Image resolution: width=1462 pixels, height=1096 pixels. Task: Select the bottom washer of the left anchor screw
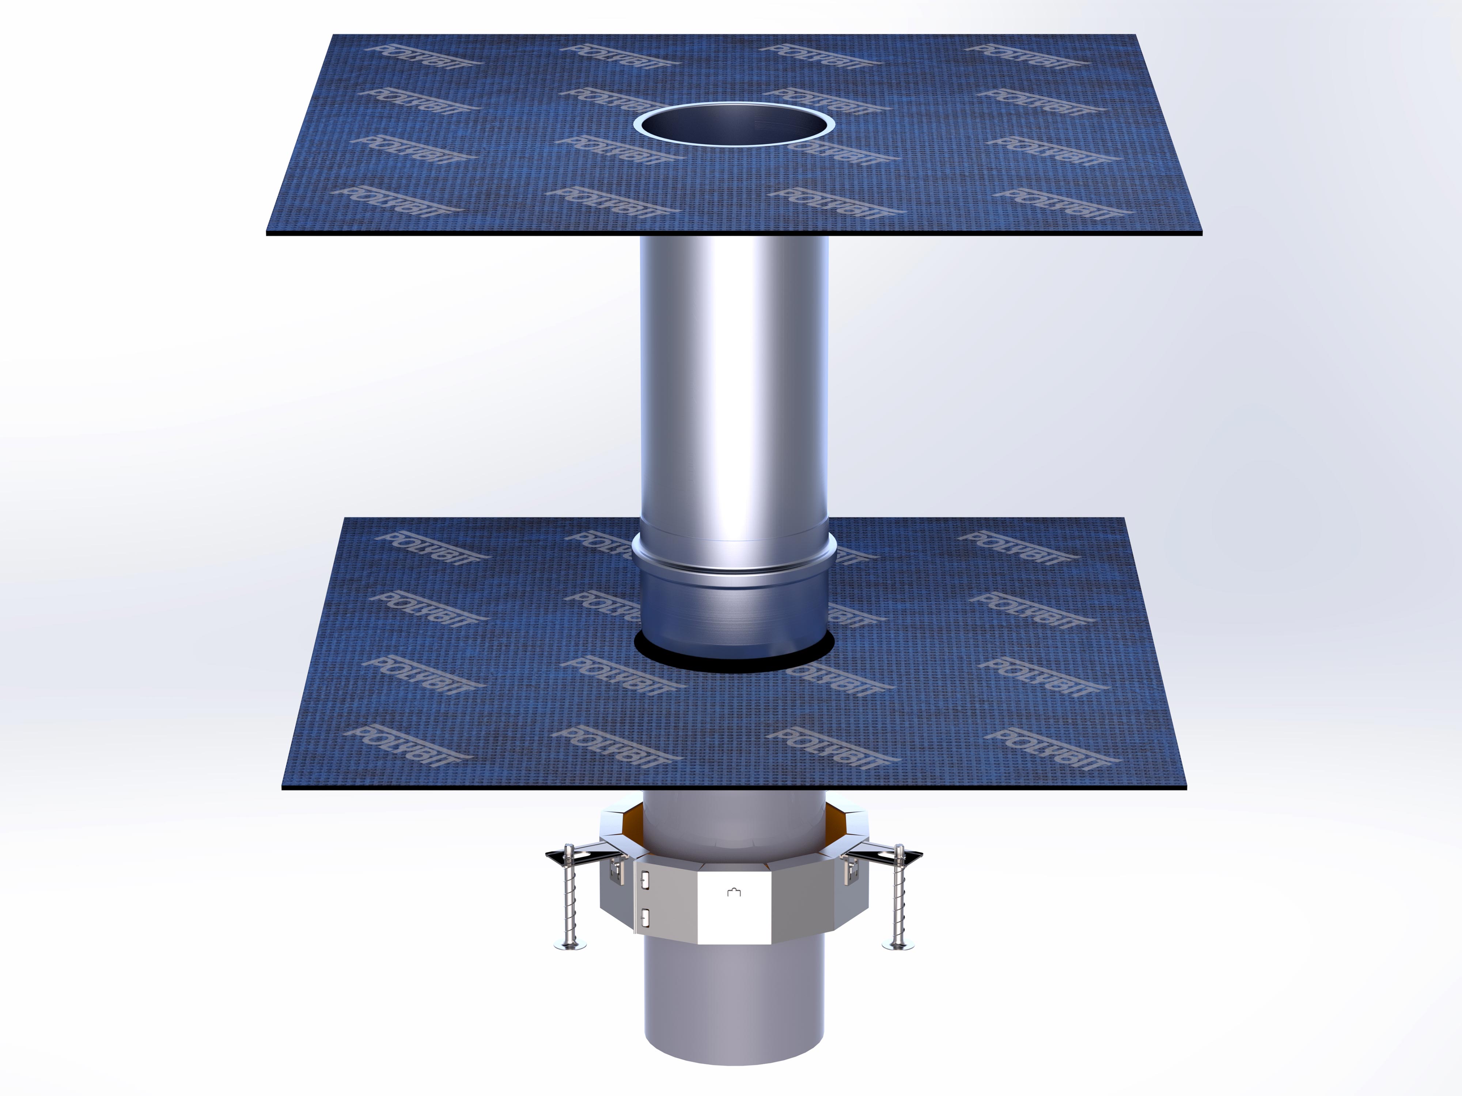click(x=570, y=947)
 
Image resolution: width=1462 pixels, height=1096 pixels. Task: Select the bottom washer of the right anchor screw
click(x=898, y=946)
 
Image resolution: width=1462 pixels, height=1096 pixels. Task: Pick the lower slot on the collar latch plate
click(x=645, y=916)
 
